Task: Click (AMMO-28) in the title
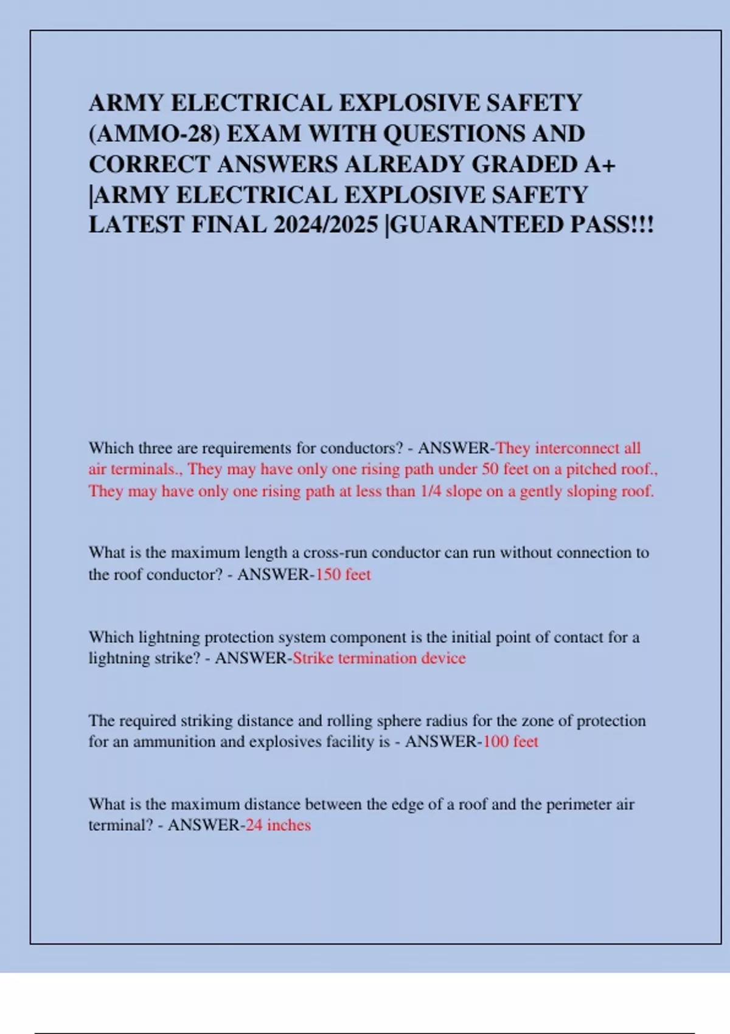click(x=155, y=134)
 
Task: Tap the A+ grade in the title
click(x=602, y=164)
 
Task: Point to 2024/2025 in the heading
click(x=325, y=225)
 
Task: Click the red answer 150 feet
click(x=343, y=574)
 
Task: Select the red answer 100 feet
click(x=510, y=741)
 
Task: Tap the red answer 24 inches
click(x=278, y=825)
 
